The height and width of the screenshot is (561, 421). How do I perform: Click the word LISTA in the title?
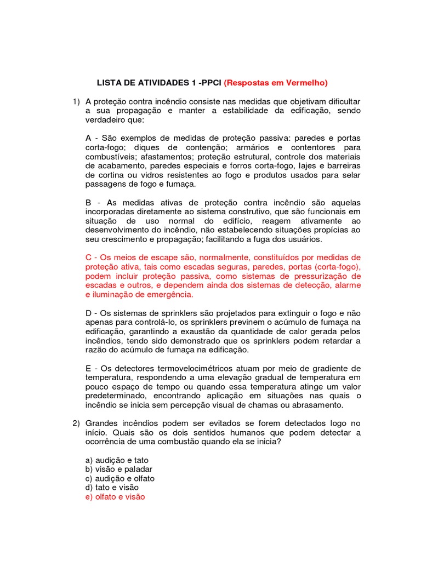[109, 83]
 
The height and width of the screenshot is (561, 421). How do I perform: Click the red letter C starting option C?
[89, 257]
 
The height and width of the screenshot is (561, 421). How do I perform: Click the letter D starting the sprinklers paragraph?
[89, 313]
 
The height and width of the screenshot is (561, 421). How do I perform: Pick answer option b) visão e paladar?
[118, 469]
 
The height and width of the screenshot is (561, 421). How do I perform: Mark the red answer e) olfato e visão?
[115, 497]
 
